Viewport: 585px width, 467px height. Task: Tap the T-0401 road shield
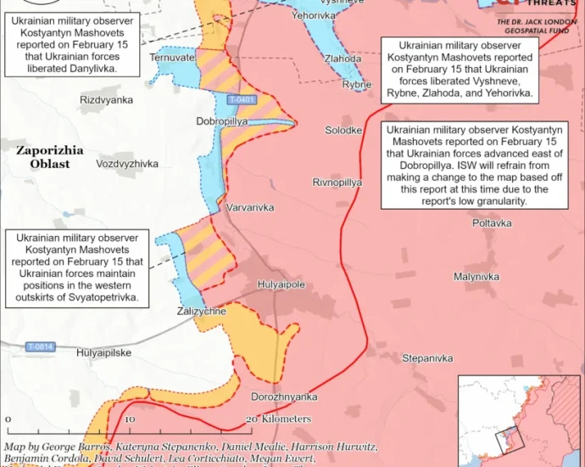click(242, 100)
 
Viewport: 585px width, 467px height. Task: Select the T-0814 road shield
click(40, 346)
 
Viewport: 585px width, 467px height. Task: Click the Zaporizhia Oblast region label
click(50, 156)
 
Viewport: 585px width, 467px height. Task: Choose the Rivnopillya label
click(337, 183)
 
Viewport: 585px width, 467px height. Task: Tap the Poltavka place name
click(493, 222)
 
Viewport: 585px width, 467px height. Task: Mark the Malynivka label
click(476, 277)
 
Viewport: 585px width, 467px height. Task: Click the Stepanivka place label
click(427, 358)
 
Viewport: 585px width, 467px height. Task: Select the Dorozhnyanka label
click(284, 397)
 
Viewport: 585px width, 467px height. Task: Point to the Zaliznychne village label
click(201, 312)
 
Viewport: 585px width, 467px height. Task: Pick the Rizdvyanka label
click(106, 100)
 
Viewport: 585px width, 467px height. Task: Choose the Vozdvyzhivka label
click(127, 163)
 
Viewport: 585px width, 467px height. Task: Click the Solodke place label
click(344, 130)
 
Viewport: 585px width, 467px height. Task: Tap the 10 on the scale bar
click(131, 419)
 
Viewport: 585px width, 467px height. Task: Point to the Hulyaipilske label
click(103, 352)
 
